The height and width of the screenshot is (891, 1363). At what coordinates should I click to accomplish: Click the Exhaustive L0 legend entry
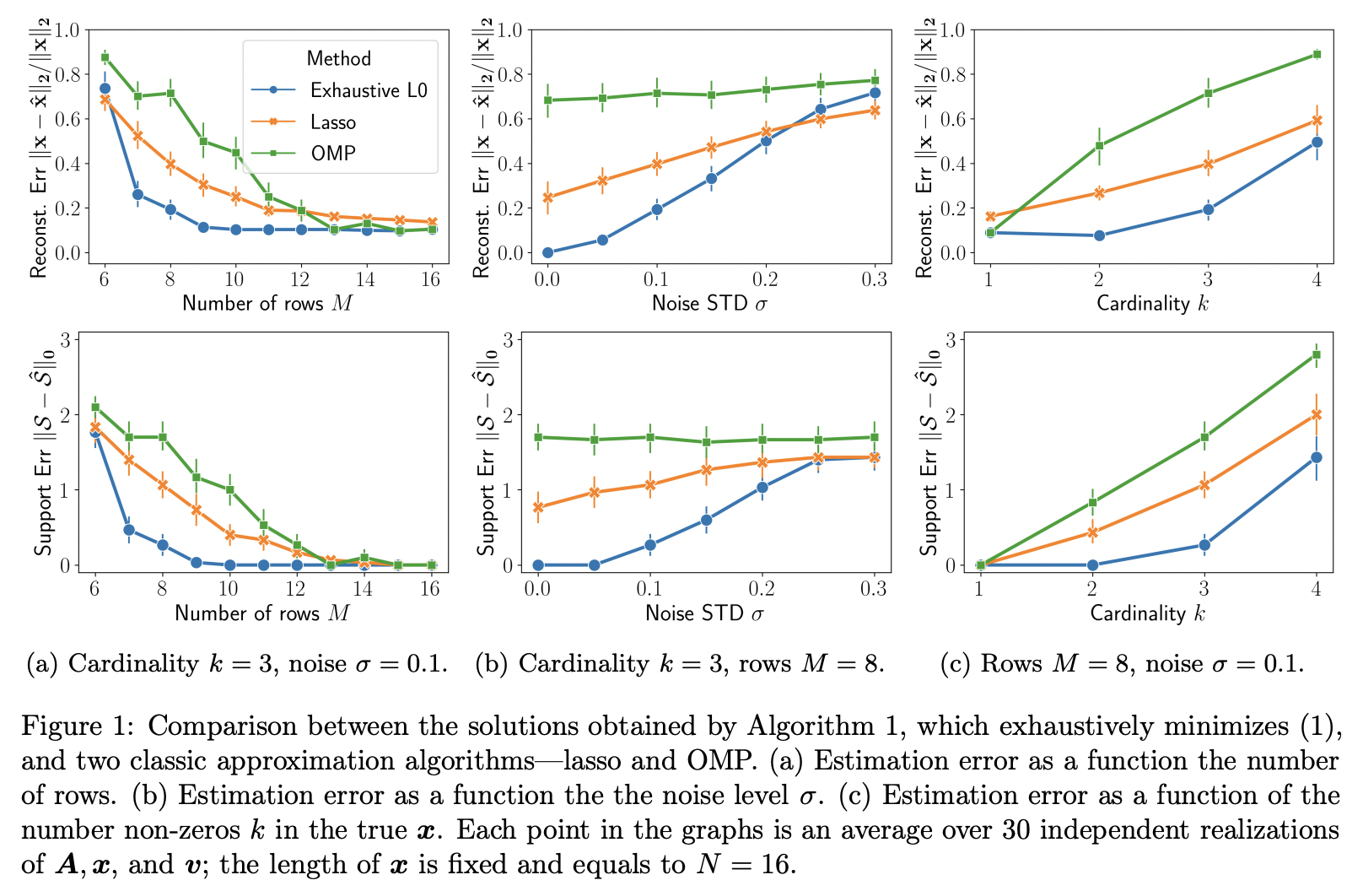[369, 90]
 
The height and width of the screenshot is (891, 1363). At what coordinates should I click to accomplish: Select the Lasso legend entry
[332, 122]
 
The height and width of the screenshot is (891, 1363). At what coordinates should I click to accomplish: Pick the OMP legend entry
[332, 154]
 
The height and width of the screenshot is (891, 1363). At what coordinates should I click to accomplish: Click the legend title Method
[338, 58]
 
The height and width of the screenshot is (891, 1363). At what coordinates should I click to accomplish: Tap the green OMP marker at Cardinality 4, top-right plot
[1317, 55]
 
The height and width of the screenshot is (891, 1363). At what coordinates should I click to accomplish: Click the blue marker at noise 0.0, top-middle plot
[547, 252]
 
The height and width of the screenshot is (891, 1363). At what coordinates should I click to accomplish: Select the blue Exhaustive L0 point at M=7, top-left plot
[137, 194]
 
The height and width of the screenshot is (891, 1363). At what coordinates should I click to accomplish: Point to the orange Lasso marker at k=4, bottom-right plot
[1316, 414]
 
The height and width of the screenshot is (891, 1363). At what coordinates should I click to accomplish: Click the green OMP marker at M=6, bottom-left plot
[95, 407]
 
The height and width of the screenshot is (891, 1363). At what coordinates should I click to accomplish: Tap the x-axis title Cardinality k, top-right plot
[1152, 303]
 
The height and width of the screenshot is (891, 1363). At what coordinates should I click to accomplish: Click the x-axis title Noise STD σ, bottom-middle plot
[704, 613]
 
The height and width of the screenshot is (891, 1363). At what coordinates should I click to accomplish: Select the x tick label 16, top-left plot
[430, 279]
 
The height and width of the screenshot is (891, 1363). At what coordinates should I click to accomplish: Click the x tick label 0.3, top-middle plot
[875, 279]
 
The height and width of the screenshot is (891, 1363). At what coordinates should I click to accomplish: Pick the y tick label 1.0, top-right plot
[951, 30]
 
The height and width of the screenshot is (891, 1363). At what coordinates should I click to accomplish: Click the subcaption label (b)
[491, 664]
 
